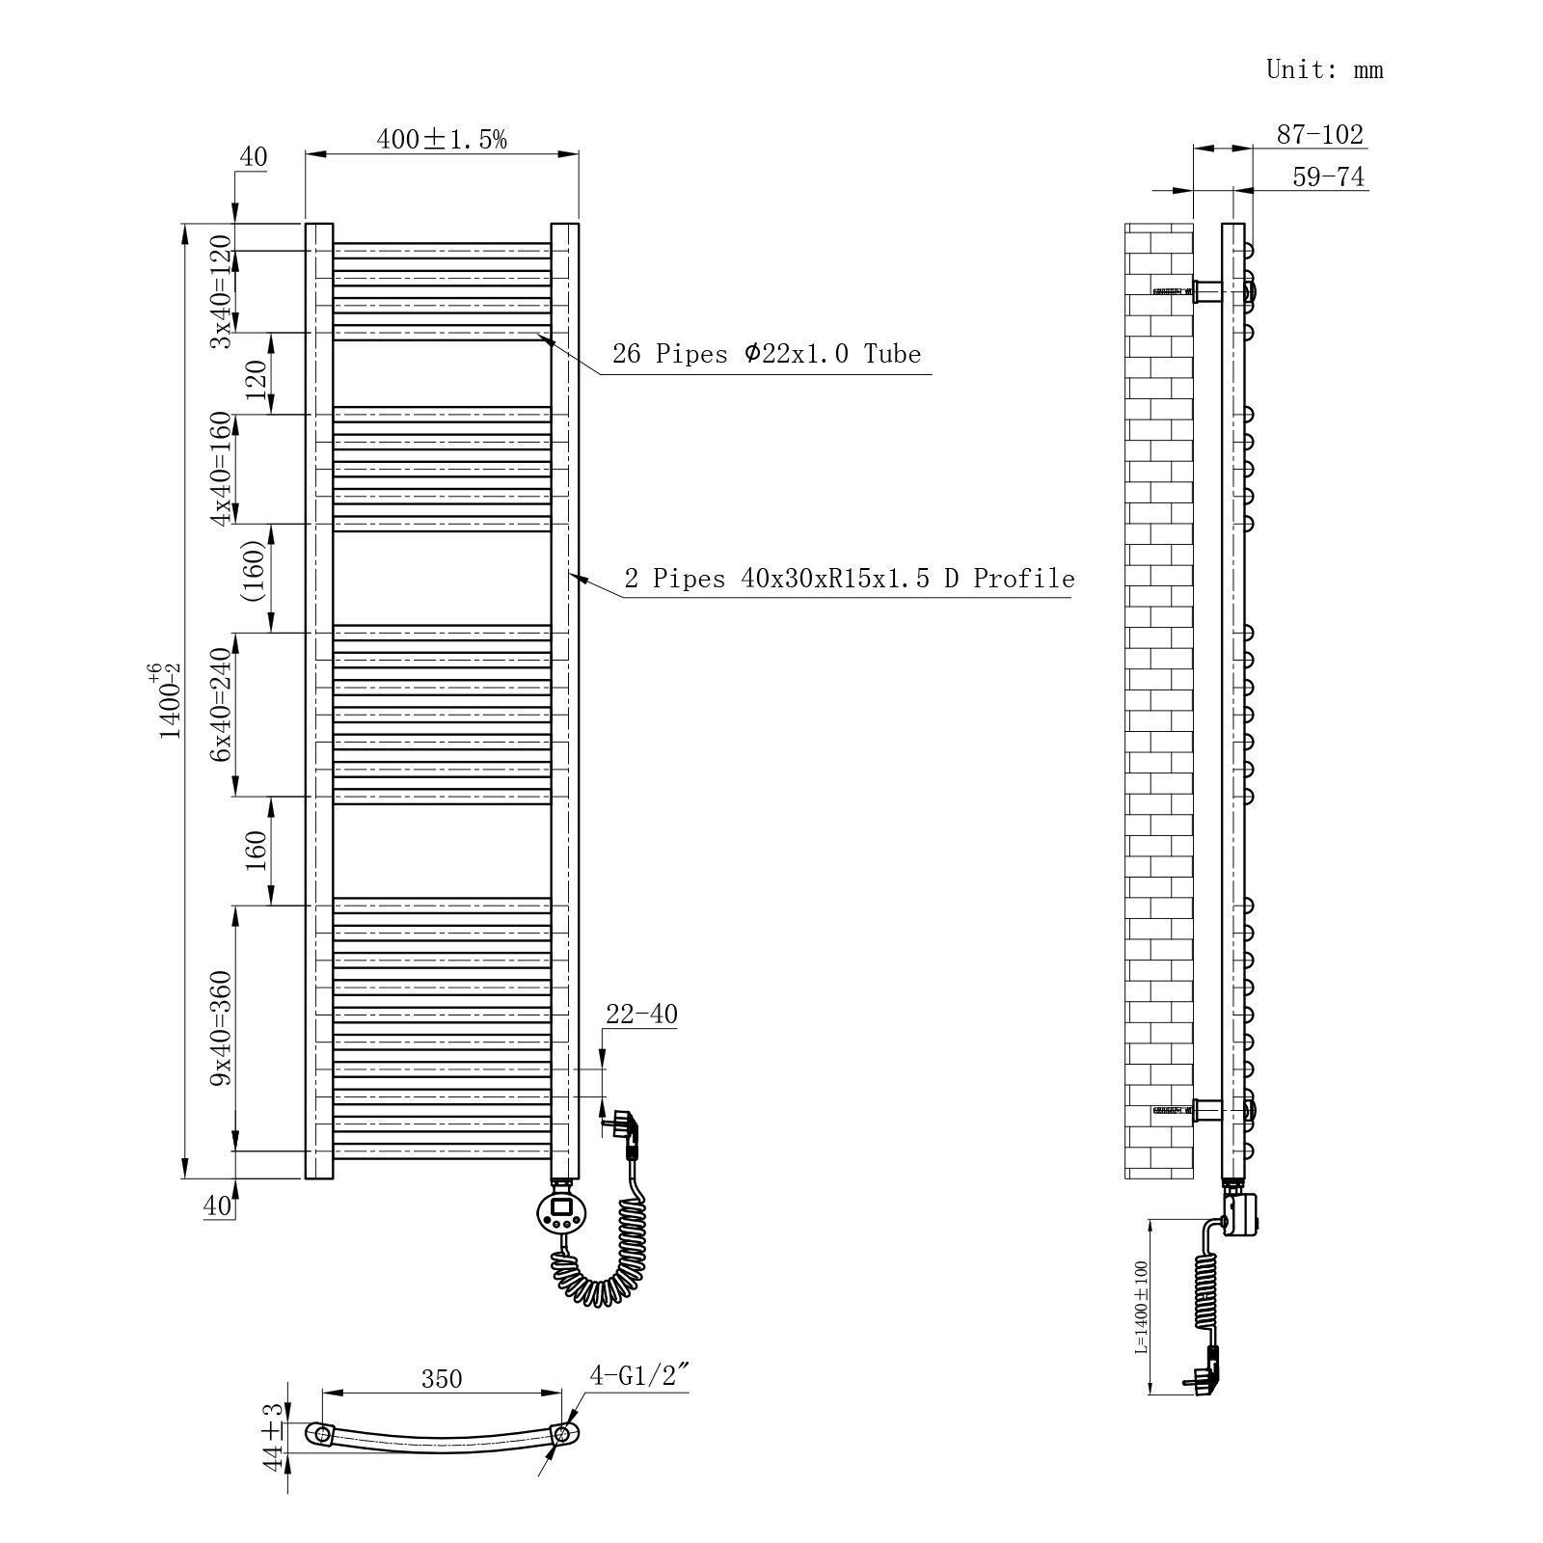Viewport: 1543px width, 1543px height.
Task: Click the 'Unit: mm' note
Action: pyautogui.click(x=1324, y=69)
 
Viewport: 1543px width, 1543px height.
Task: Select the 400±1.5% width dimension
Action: pyautogui.click(x=441, y=139)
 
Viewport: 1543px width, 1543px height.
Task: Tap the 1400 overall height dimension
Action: pyautogui.click(x=170, y=701)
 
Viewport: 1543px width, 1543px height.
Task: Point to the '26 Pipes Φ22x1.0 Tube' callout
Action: pyautogui.click(x=767, y=354)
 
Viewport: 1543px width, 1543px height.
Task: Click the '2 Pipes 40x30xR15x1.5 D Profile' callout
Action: pyautogui.click(x=850, y=579)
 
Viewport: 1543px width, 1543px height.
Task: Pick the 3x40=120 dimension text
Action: pyautogui.click(x=221, y=291)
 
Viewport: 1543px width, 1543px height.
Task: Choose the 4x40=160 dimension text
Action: pyautogui.click(x=221, y=469)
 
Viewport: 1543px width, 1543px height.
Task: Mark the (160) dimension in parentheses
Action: pyautogui.click(x=255, y=571)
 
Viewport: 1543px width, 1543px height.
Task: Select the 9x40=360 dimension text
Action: pyautogui.click(x=221, y=1028)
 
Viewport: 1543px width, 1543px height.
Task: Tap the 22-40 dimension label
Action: pyautogui.click(x=641, y=1015)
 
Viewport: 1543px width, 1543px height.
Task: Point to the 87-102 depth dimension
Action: pyautogui.click(x=1320, y=134)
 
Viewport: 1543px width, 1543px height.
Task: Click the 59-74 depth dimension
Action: pyautogui.click(x=1328, y=177)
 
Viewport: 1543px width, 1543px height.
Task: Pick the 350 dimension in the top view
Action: pyautogui.click(x=442, y=1379)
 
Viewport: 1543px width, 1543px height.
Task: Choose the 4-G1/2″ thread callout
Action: pyautogui.click(x=639, y=1375)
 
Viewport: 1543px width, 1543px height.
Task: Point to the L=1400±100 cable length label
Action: pyautogui.click(x=1141, y=1307)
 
